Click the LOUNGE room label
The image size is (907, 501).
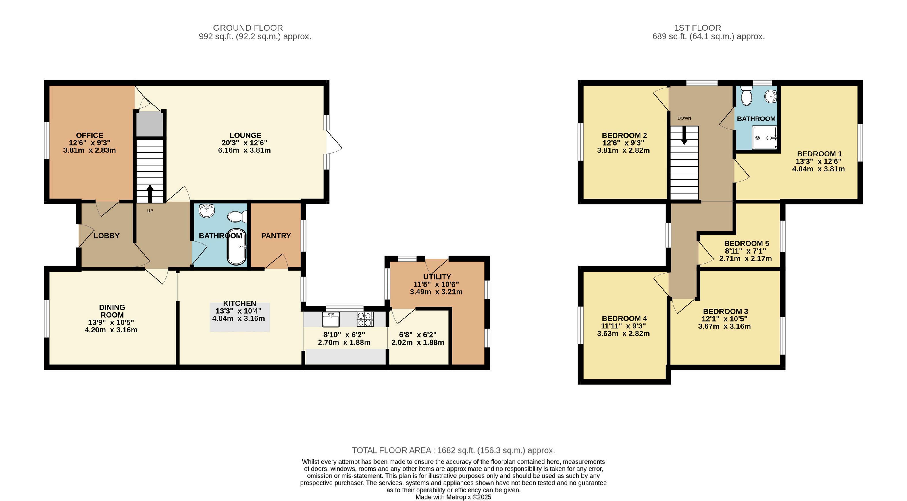245,135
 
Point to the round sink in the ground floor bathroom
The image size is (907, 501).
207,210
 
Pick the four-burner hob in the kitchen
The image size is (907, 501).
365,319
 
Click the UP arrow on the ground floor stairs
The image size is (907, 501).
150,194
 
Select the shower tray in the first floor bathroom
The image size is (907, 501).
765,138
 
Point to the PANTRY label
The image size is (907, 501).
276,236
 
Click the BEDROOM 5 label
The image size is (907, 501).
746,243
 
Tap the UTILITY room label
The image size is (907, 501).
437,277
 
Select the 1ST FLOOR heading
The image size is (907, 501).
698,28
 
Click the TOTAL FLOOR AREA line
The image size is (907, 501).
453,450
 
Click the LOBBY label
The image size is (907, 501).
107,236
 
